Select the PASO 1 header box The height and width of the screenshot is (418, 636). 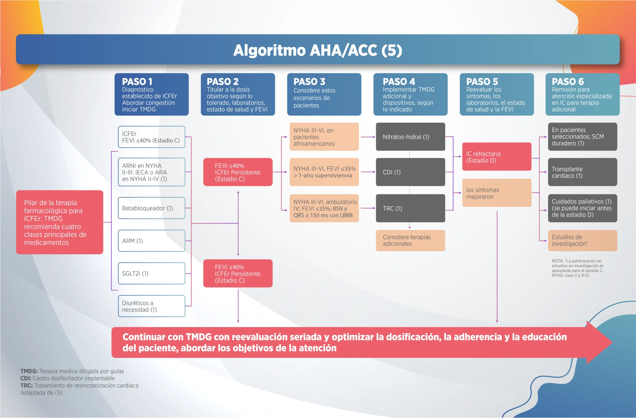coord(152,94)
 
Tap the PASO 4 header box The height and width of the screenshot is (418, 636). coord(410,94)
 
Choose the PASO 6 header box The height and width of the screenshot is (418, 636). coord(582,94)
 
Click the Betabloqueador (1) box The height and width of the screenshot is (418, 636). coord(152,208)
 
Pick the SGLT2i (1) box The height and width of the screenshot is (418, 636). coord(152,273)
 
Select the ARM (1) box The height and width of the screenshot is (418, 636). coord(152,241)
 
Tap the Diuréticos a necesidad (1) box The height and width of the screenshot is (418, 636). coord(152,306)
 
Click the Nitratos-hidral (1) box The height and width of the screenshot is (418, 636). coord(410,137)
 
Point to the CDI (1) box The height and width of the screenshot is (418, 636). coord(410,172)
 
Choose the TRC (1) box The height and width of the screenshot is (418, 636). coord(410,208)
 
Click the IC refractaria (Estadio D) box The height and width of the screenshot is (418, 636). coord(497,156)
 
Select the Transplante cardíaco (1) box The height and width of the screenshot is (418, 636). coord(583,172)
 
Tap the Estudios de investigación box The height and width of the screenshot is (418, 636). coord(583,240)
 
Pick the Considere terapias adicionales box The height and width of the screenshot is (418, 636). coord(410,240)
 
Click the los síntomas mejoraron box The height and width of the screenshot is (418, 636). coord(497,193)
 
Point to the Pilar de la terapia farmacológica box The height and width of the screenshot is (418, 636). coord(60,222)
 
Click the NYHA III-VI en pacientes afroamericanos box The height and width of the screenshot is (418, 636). coord(324,137)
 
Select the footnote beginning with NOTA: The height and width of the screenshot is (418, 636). coord(578,268)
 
